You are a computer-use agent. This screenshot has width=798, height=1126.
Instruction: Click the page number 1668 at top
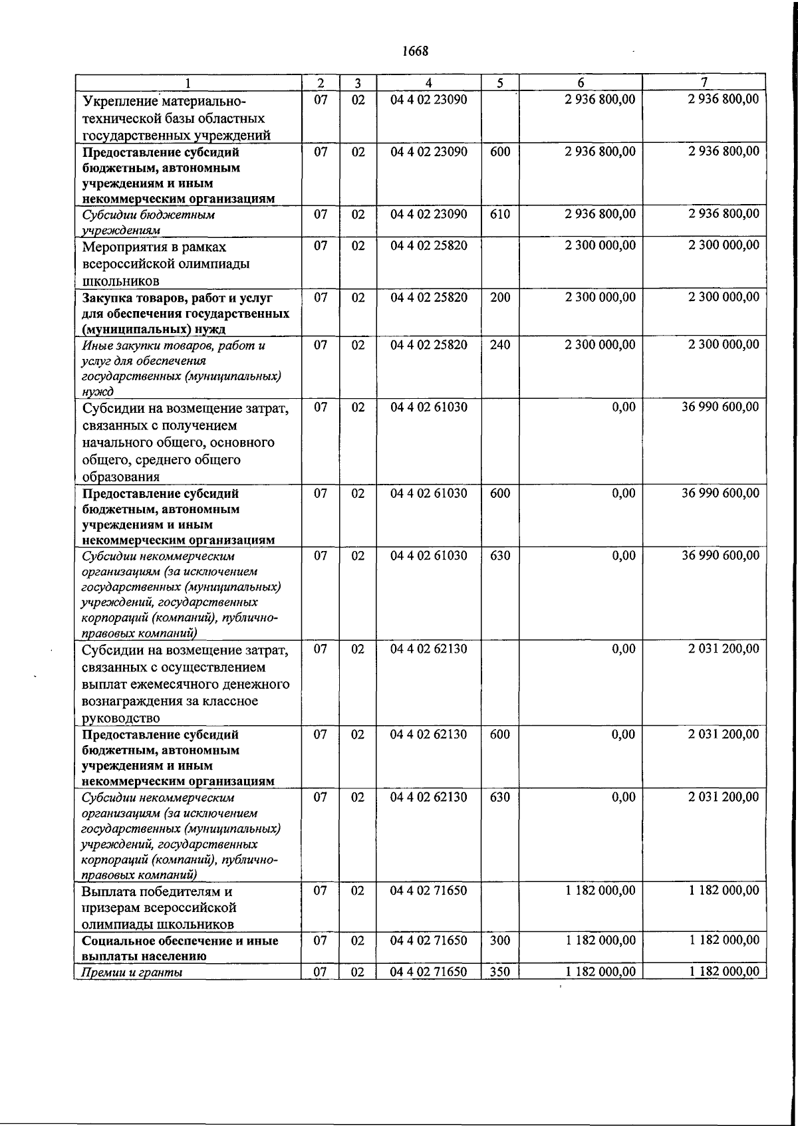point(416,51)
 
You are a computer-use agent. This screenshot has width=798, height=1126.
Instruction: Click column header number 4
point(429,82)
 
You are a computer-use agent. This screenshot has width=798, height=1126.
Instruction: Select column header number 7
point(704,82)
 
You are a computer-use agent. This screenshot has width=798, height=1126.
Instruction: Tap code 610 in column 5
point(499,214)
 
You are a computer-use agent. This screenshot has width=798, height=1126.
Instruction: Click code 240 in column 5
point(499,345)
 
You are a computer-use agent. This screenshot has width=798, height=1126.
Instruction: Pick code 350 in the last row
point(499,972)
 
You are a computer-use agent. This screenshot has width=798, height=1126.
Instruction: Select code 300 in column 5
point(499,941)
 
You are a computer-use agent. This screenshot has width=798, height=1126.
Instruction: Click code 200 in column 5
point(499,297)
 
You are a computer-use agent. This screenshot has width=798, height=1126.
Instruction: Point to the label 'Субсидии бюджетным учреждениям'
point(148,222)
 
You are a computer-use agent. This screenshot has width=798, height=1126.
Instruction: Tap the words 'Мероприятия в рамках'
point(154,247)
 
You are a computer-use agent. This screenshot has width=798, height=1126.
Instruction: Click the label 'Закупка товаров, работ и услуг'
point(177,298)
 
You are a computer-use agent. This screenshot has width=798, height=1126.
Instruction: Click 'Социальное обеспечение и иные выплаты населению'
point(180,949)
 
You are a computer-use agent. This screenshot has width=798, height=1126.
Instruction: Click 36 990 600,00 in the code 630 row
point(720,556)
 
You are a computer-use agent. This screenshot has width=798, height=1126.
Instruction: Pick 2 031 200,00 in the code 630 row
point(724,797)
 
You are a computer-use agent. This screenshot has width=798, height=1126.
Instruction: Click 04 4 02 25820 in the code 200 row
point(429,297)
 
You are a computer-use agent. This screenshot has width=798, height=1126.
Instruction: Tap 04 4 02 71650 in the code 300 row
point(429,941)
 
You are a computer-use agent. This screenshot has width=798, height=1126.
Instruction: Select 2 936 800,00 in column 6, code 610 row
point(600,214)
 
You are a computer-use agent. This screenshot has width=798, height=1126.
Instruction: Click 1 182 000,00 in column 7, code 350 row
point(724,972)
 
